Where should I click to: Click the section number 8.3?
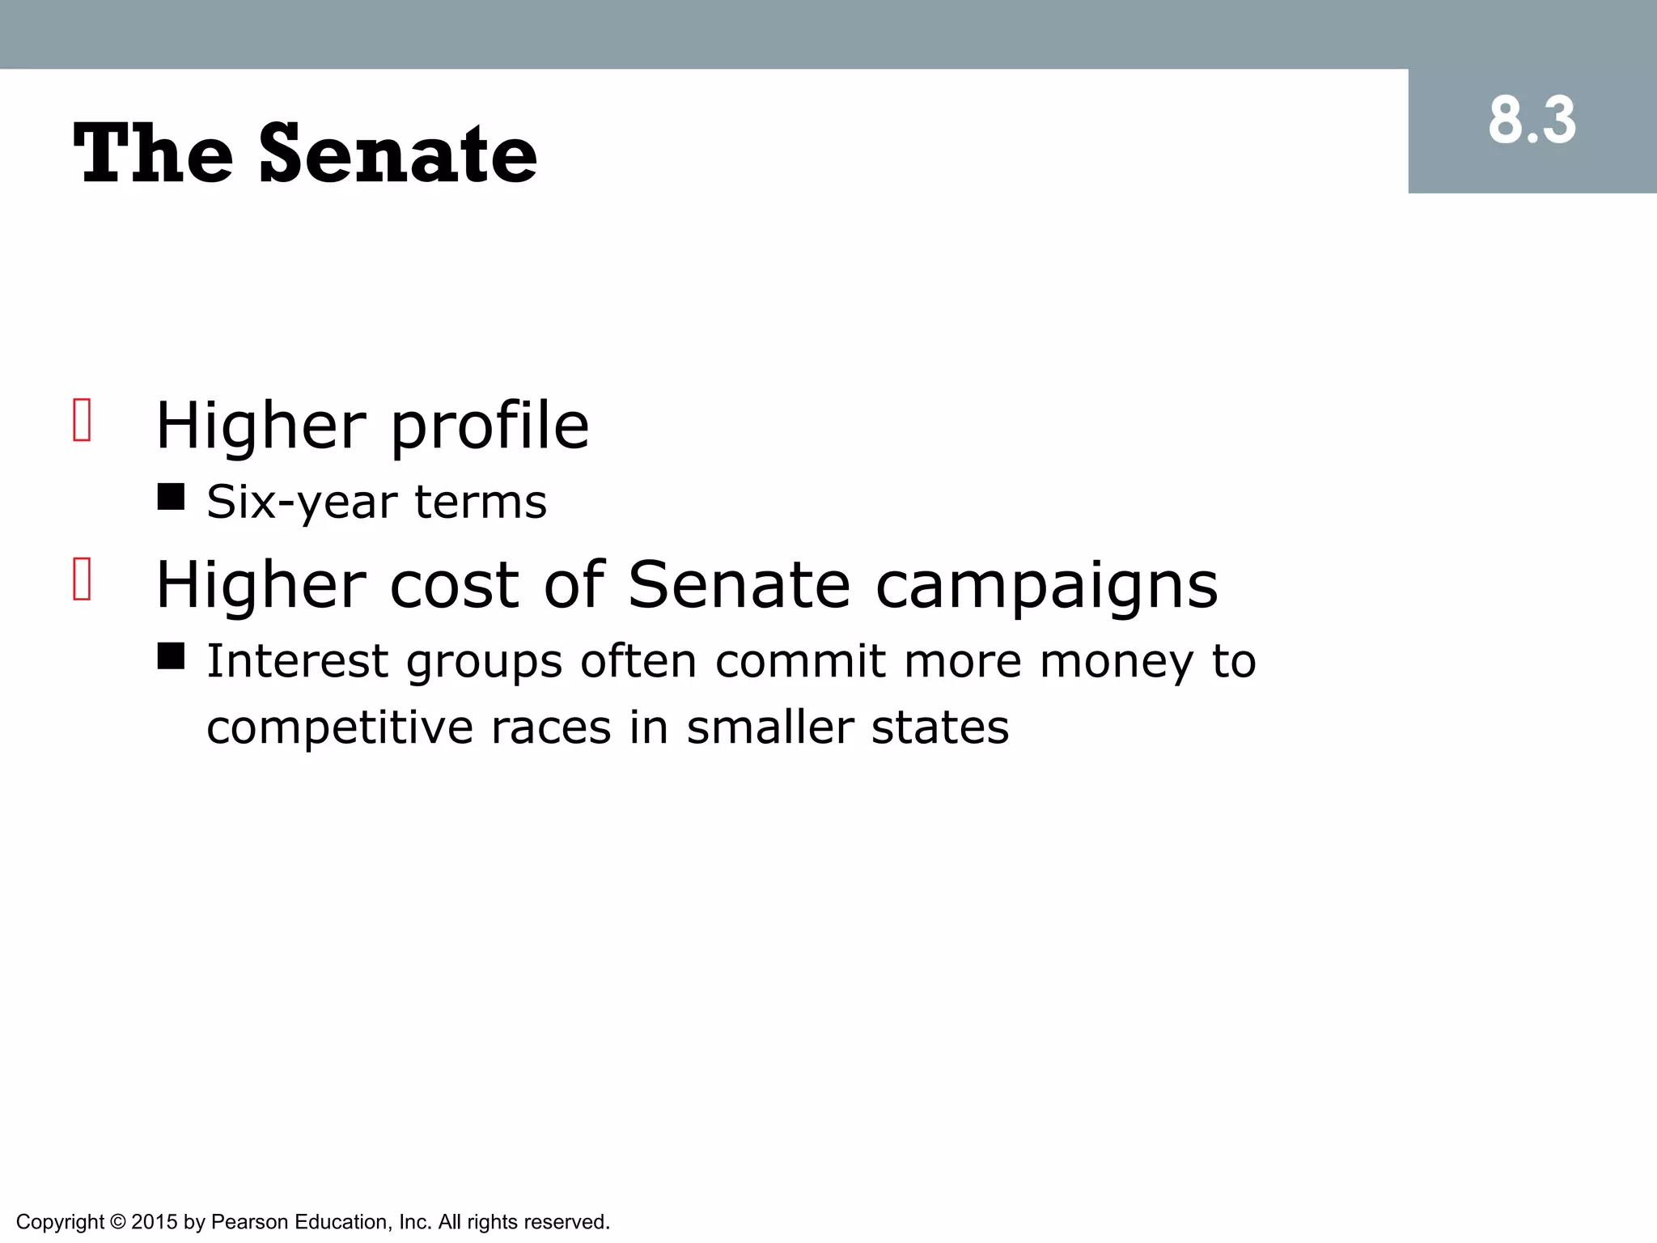1532,121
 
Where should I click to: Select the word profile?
489,427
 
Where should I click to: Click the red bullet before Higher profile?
82,421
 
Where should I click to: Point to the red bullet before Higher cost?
82,579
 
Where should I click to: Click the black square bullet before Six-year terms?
171,497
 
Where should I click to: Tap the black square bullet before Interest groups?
171,656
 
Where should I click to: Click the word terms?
481,502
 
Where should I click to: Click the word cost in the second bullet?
454,585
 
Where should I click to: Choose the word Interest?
297,661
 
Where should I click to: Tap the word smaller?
770,728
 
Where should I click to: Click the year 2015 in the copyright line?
154,1222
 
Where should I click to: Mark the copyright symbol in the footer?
117,1222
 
